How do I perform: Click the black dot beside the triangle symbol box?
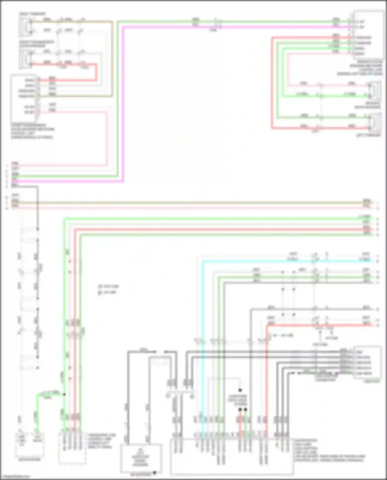(155, 473)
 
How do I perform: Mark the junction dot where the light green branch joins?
(64, 394)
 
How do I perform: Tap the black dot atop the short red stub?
(240, 409)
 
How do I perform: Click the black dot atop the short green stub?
(245, 409)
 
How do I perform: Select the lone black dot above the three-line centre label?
(240, 390)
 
